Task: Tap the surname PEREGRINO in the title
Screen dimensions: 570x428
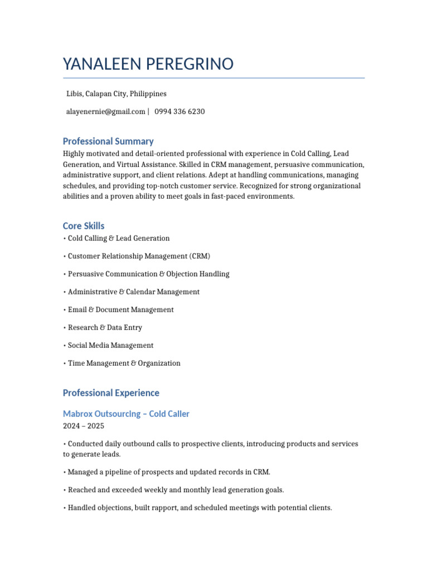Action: pos(189,64)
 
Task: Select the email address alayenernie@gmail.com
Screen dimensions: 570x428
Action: pos(106,111)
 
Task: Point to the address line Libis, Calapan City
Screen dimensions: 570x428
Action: pos(116,94)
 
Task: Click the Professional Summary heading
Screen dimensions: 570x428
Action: pos(108,141)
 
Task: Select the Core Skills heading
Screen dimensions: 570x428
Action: pos(84,226)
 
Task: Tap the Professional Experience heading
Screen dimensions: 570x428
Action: pos(111,393)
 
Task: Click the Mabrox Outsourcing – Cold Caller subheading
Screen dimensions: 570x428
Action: pos(126,414)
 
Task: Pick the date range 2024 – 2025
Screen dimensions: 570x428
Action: pos(84,426)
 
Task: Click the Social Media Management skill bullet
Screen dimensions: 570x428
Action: pos(110,345)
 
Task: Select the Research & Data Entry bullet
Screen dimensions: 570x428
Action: pos(105,327)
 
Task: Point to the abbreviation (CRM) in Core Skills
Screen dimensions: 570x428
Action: pos(200,256)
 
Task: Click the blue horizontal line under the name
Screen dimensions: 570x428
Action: pos(214,78)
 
